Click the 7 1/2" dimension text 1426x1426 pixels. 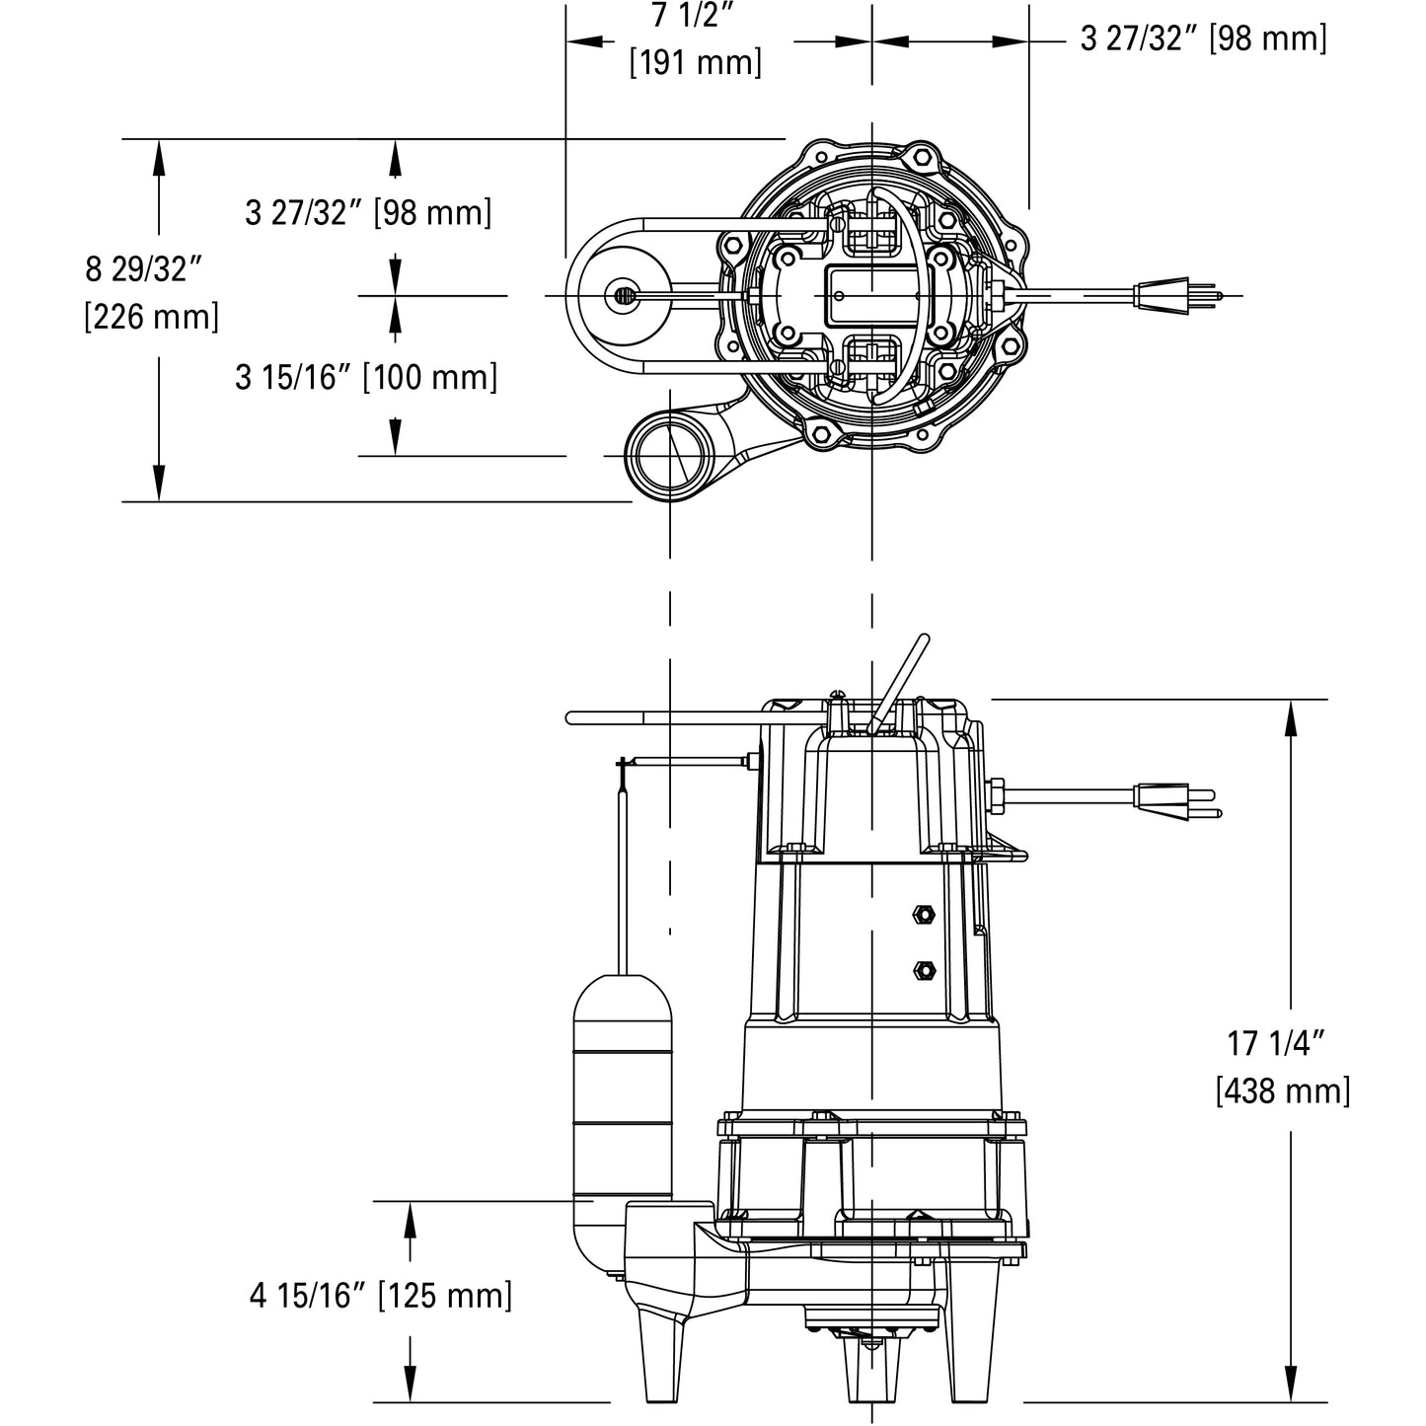pyautogui.click(x=696, y=17)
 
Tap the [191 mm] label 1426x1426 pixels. pyautogui.click(x=696, y=63)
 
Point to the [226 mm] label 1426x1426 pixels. pyautogui.click(x=151, y=317)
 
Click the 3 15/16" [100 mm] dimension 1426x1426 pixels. pyautogui.click(x=366, y=377)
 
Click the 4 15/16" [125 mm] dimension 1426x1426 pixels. pyautogui.click(x=381, y=1296)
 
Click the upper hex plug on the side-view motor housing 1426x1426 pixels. pyautogui.click(x=925, y=914)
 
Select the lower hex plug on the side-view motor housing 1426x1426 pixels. pyautogui.click(x=925, y=969)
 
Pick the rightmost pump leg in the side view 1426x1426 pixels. pyautogui.click(x=972, y=1352)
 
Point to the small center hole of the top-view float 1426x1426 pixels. pyautogui.click(x=622, y=295)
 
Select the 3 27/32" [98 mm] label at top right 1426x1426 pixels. pyautogui.click(x=1203, y=39)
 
